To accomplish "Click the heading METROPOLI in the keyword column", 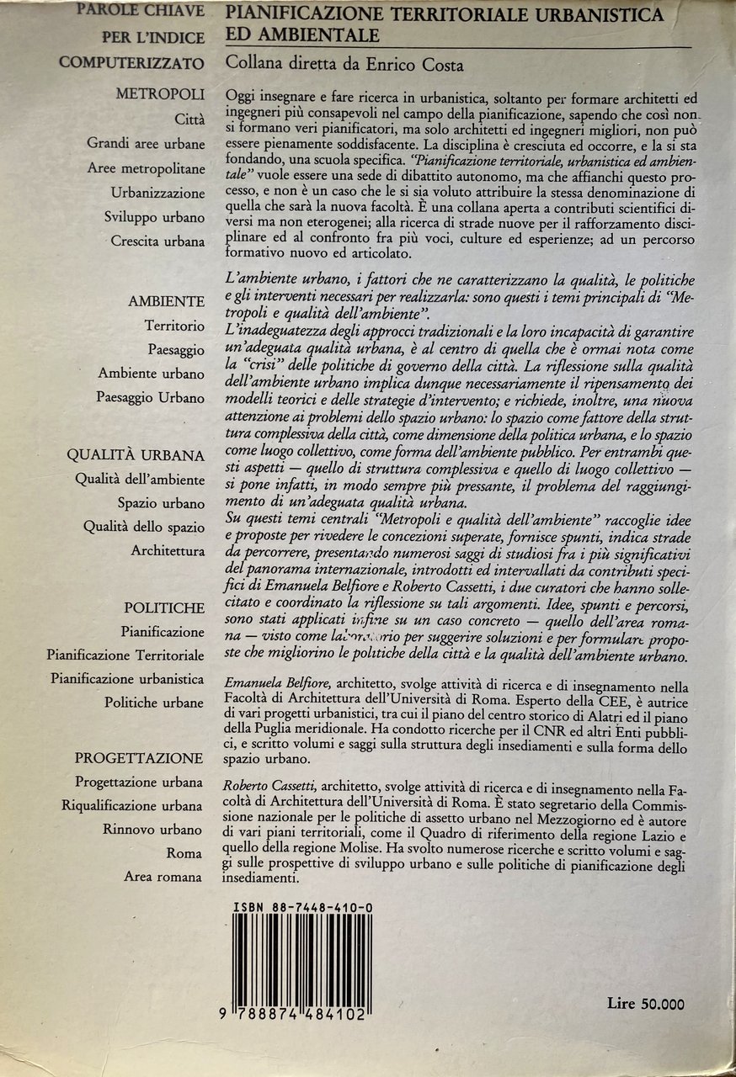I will [160, 95].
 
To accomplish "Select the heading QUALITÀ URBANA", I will [136, 456].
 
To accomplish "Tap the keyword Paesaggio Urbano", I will [150, 397].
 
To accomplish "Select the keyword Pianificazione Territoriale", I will [125, 655].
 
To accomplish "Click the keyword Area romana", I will [163, 877].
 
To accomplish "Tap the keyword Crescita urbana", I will [157, 241].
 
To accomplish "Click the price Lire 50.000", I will [645, 1003].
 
